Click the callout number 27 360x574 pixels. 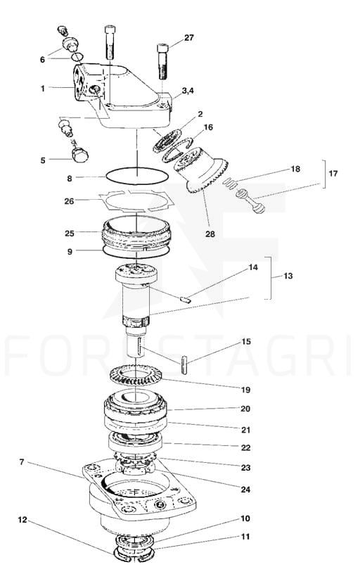pyautogui.click(x=188, y=38)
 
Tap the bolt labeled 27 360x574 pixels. pyautogui.click(x=163, y=61)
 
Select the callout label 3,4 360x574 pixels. pyautogui.click(x=188, y=91)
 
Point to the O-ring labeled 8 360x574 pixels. pyautogui.click(x=137, y=176)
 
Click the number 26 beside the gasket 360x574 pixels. pyautogui.click(x=69, y=201)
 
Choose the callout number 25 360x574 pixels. pyautogui.click(x=70, y=234)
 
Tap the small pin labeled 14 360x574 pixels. pyautogui.click(x=186, y=300)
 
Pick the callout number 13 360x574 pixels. pyautogui.click(x=288, y=276)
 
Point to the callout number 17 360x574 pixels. pyautogui.click(x=333, y=173)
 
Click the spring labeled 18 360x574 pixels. pyautogui.click(x=229, y=182)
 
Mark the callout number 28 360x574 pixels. pyautogui.click(x=210, y=234)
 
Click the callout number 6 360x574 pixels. pyautogui.click(x=42, y=60)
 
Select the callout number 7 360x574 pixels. pyautogui.click(x=22, y=462)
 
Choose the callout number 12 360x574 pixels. pyautogui.click(x=22, y=519)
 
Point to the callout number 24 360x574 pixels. pyautogui.click(x=245, y=490)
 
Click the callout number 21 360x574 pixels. pyautogui.click(x=245, y=429)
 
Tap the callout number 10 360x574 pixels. pyautogui.click(x=245, y=518)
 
